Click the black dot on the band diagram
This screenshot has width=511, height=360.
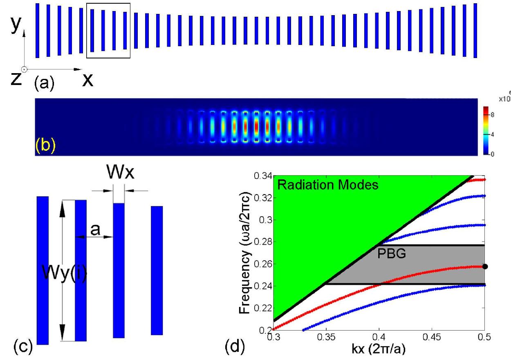coord(485,266)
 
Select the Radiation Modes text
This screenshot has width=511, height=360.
coord(328,185)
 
